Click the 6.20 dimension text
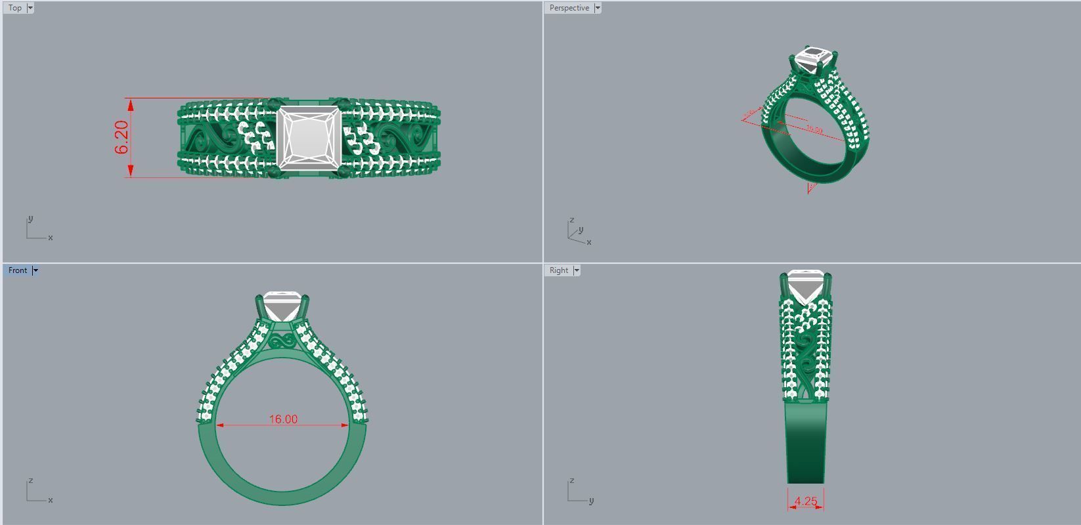(x=122, y=138)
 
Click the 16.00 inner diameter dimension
(x=283, y=419)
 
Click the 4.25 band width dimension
(x=806, y=501)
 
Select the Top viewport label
(x=14, y=8)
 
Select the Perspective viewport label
(x=569, y=8)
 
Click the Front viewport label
(x=18, y=270)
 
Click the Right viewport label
(x=558, y=270)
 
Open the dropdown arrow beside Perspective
(x=598, y=8)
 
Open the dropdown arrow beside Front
(x=35, y=270)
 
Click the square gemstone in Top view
(x=308, y=138)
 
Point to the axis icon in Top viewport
(x=37, y=230)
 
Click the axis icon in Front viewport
(x=37, y=492)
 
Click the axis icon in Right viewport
(x=578, y=492)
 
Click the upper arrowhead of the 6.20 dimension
(x=131, y=104)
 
